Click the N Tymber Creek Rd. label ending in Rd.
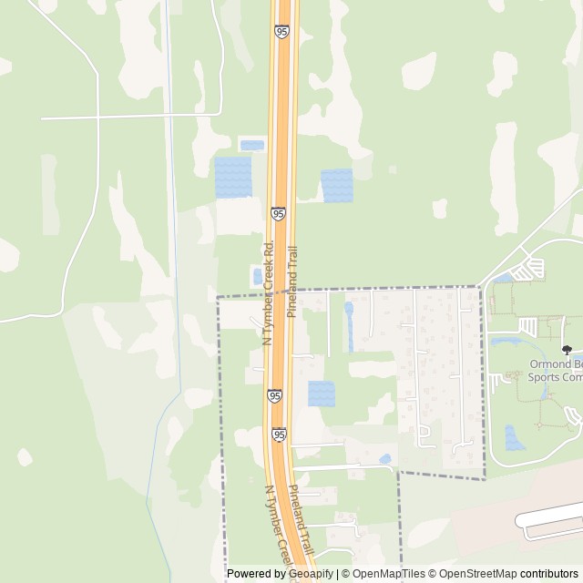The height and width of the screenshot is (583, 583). point(268,292)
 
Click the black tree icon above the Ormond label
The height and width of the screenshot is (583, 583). point(567,349)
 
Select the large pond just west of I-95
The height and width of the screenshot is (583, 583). point(232,177)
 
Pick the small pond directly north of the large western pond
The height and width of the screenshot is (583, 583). point(251,145)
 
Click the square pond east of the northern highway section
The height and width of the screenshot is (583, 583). point(336,185)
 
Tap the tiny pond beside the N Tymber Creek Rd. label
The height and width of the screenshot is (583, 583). point(257,275)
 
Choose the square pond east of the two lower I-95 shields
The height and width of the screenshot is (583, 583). point(321,394)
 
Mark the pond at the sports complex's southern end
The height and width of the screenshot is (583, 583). point(514,438)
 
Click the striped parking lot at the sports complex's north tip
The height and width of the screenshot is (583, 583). point(529,269)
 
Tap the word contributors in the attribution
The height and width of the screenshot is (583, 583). point(549,574)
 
